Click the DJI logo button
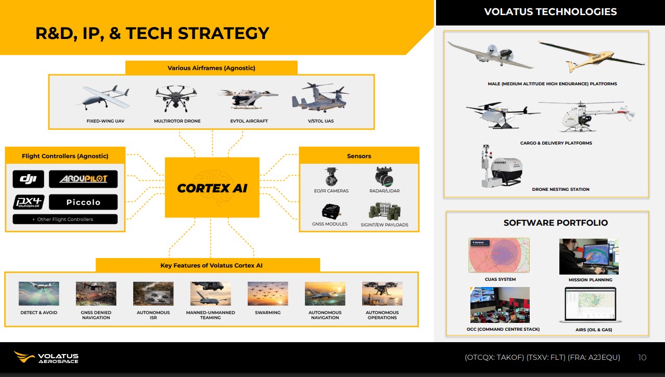(28, 179)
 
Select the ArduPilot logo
(83, 179)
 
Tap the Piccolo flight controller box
(83, 202)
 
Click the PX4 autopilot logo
(29, 202)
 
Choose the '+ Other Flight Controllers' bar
(65, 219)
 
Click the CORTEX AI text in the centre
(212, 188)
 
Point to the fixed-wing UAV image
(104, 98)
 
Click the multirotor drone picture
(176, 98)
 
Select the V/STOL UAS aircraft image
(321, 98)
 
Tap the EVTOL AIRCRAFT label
(249, 121)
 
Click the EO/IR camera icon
(331, 176)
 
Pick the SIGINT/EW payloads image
(385, 211)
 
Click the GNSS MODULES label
(329, 224)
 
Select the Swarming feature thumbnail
(268, 294)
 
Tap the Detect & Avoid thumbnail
(39, 294)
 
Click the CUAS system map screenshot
(499, 255)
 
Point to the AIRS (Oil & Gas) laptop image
(591, 305)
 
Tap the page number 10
(642, 357)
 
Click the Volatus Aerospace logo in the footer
(46, 357)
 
